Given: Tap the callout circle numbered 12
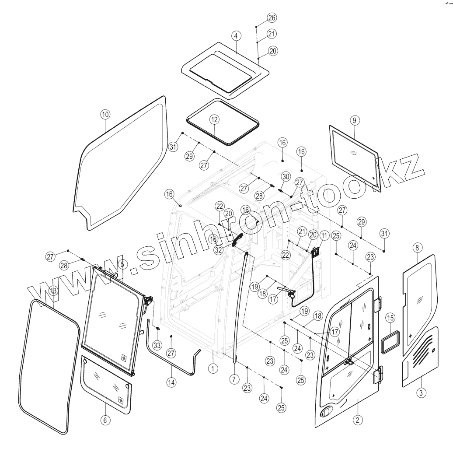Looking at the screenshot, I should pos(215,119).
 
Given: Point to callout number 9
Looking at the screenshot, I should pos(354,119).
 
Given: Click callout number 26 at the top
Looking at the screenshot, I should pos(272,18).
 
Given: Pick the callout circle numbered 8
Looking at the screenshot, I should pos(417,248).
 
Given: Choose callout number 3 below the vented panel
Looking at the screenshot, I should pos(421,392).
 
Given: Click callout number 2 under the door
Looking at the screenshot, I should pos(357,420).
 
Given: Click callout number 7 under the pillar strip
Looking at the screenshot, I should pos(234,379).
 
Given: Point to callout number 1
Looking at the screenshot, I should pos(213,368).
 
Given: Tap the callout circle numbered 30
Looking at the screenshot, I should pos(286,176).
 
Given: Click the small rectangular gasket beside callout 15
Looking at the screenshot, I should pos(391,341).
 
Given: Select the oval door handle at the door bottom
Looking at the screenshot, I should pos(325,412).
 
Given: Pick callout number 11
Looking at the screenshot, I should pos(324,235).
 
